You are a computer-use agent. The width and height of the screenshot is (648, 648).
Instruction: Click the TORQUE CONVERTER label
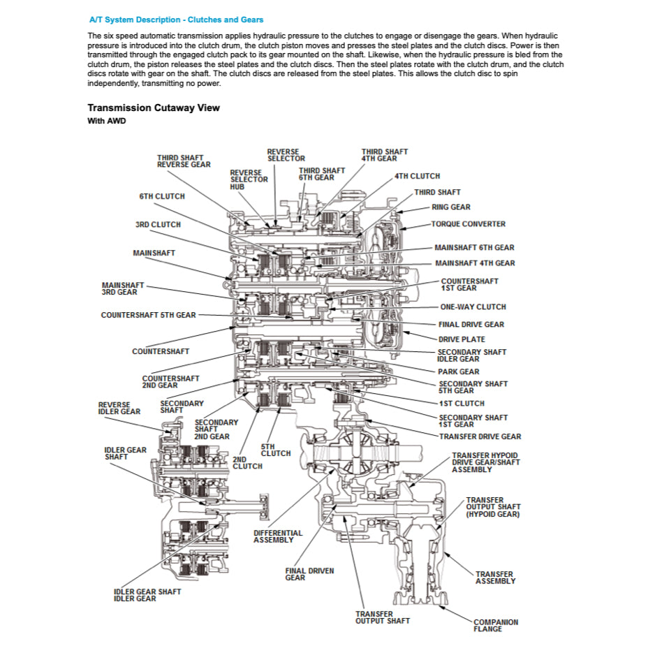468,224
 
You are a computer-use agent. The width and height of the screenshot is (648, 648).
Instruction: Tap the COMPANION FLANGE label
495,625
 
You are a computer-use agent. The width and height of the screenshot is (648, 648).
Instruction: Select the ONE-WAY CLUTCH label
473,307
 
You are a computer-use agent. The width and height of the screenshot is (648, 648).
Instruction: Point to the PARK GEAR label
459,371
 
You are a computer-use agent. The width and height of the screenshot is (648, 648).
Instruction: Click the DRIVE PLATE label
462,339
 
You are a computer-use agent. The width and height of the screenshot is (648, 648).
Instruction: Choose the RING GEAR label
450,207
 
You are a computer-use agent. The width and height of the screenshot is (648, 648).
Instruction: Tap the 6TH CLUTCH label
162,196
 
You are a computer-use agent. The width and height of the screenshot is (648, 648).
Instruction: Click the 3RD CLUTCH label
158,225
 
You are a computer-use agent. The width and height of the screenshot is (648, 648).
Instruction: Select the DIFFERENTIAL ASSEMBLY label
278,536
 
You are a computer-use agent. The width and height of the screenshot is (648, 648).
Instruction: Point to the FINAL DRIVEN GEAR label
309,574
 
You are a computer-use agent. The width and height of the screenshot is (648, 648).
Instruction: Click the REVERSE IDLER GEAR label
119,408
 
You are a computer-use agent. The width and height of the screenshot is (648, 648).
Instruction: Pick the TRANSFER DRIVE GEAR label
480,436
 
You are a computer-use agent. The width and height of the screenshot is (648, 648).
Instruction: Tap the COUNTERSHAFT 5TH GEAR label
148,315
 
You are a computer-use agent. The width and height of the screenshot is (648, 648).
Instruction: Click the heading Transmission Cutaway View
154,108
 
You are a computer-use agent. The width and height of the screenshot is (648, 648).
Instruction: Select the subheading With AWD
106,121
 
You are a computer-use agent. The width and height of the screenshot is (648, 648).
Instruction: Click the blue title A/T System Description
177,20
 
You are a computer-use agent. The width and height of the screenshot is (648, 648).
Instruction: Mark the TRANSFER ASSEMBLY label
495,577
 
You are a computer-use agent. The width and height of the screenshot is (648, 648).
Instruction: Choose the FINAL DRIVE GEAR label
471,324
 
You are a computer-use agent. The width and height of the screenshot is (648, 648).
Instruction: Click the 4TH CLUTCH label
417,176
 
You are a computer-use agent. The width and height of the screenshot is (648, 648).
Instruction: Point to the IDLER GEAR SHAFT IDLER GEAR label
147,595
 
